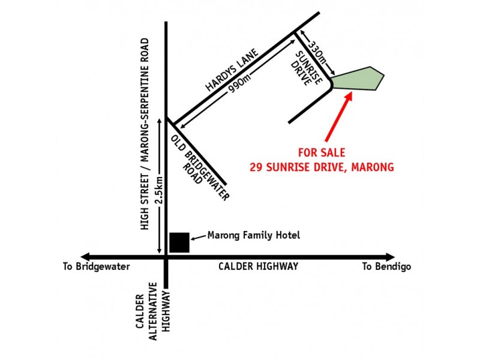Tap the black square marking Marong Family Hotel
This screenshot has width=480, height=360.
tap(179, 242)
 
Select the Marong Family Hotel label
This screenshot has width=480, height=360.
tap(253, 235)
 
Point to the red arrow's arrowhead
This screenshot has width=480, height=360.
tap(349, 96)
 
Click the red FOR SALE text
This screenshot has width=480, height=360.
tap(322, 152)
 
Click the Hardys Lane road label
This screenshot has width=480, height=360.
tap(231, 70)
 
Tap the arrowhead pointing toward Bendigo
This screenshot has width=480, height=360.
tap(391, 257)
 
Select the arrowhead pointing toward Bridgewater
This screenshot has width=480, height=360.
tap(86, 257)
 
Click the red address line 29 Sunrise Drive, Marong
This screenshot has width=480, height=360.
tap(322, 167)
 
